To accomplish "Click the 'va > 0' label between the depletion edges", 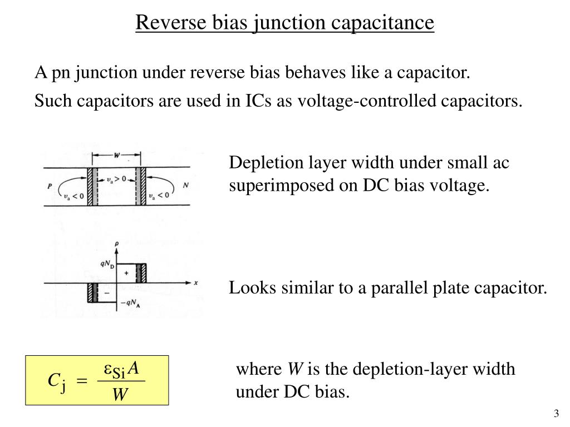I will click(115, 179).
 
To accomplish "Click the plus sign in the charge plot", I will click(126, 274).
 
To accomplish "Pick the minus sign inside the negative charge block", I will click(106, 292).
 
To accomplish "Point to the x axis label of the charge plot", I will click(196, 282).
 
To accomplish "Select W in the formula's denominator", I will click(120, 394).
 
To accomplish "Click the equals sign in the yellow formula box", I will click(81, 381).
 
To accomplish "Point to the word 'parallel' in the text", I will click(396, 288).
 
